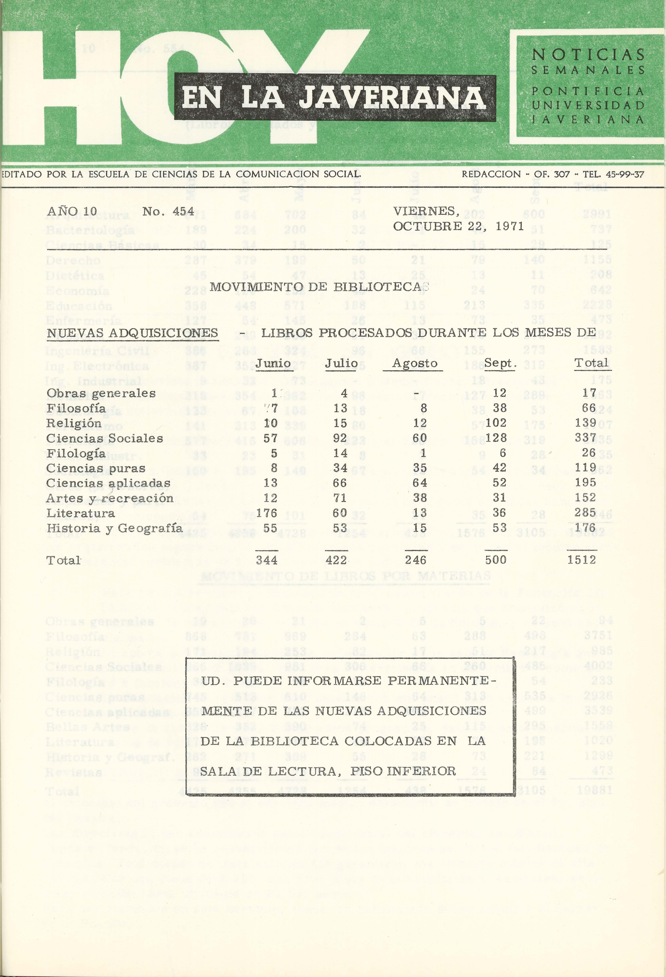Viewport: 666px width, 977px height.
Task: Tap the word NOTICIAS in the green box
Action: (588, 55)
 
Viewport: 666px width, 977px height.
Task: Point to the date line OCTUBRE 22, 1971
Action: (458, 227)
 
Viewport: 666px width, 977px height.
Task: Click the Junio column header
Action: (273, 363)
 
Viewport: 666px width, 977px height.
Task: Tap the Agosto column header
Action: (415, 363)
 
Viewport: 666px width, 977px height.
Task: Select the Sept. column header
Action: (500, 363)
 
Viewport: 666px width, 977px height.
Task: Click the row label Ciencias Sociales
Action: (104, 439)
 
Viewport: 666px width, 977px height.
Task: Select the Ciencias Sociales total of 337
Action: (585, 438)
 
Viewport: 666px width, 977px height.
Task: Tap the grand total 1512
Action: (581, 560)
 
